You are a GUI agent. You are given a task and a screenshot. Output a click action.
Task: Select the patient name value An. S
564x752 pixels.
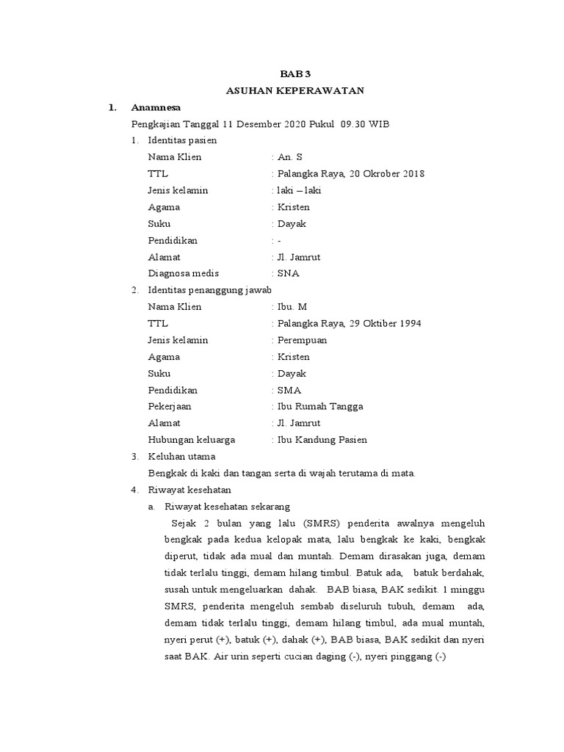click(289, 157)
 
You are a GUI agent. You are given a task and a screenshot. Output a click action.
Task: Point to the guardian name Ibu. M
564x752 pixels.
click(292, 306)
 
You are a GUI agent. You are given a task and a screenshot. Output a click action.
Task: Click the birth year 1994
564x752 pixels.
click(408, 323)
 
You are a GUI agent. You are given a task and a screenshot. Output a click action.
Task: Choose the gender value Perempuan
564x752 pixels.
click(303, 340)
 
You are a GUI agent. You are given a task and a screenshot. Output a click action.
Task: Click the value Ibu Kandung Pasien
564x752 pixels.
click(322, 440)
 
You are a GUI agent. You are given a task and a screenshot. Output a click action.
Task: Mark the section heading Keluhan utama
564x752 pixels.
click(181, 456)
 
